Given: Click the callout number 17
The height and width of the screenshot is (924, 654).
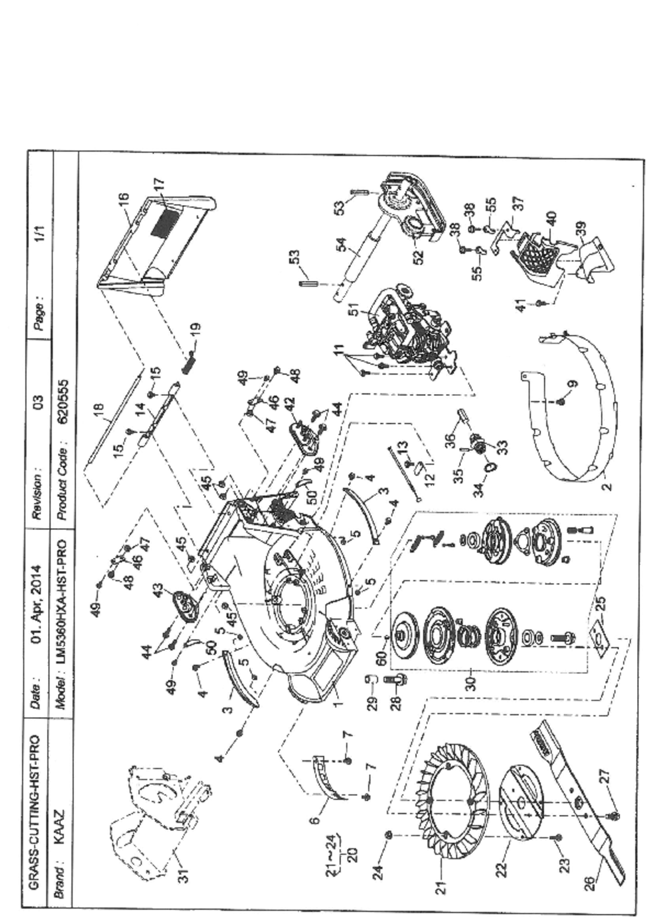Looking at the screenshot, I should click(x=159, y=185).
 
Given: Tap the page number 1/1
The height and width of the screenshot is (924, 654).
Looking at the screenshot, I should click(x=40, y=233).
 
